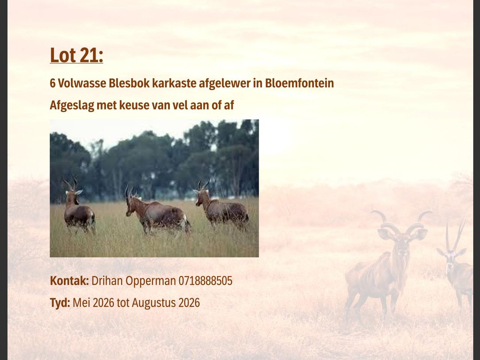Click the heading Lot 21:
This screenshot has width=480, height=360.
(x=76, y=55)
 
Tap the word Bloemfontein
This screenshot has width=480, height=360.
(x=299, y=83)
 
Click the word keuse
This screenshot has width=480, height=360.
(x=134, y=105)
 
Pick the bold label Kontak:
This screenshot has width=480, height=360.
(x=69, y=280)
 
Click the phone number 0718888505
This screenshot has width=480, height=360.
(x=205, y=281)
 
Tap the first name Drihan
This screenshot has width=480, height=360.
(x=107, y=280)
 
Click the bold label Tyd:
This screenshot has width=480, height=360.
(x=60, y=303)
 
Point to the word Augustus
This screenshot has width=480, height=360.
(x=153, y=303)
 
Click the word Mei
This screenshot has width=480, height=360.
(x=81, y=303)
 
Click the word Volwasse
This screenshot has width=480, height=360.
(x=82, y=83)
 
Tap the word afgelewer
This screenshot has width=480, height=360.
(x=225, y=84)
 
